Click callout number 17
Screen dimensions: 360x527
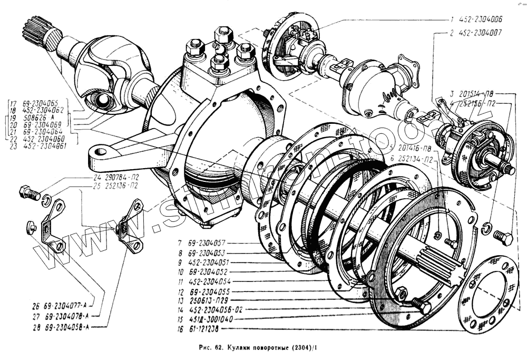pyautogui.click(x=12, y=104)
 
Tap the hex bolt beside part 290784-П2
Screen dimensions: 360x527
pyautogui.click(x=29, y=193)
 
